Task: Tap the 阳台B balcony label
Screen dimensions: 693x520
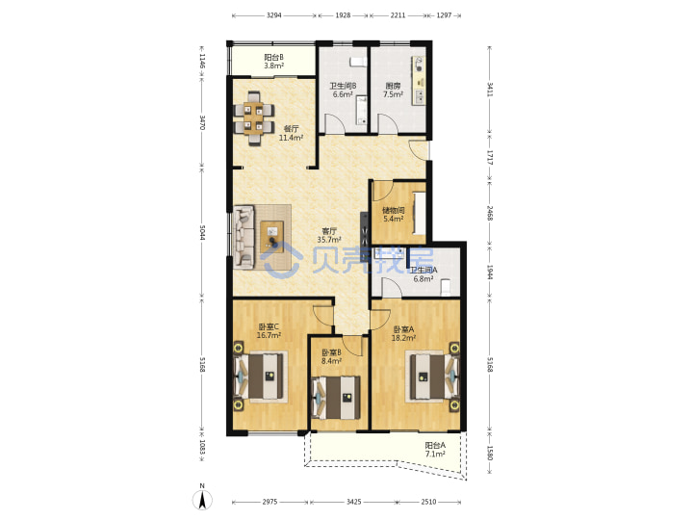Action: click(x=274, y=57)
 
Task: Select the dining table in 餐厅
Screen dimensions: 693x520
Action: click(x=254, y=118)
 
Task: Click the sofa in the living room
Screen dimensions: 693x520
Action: click(x=244, y=237)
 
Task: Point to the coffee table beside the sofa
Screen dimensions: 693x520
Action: click(x=271, y=237)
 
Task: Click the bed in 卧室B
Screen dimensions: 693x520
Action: click(x=337, y=397)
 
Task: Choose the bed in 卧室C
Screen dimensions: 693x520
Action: click(x=261, y=377)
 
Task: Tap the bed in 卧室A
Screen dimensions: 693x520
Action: click(x=433, y=377)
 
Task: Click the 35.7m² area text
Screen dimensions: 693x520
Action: click(x=329, y=240)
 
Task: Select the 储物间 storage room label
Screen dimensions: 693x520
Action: click(x=394, y=211)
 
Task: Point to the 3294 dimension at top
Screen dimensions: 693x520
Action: click(x=274, y=15)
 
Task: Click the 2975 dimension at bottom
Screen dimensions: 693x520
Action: click(x=270, y=502)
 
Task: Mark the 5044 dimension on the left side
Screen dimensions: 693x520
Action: click(x=202, y=233)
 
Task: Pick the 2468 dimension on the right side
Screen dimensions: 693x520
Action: click(x=490, y=213)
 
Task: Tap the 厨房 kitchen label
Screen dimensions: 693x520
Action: click(x=393, y=86)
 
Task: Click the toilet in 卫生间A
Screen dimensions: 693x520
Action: click(x=446, y=287)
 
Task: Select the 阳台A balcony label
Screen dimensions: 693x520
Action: click(x=435, y=446)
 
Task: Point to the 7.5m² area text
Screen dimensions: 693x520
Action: click(x=393, y=94)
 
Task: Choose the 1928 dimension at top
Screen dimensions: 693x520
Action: click(x=343, y=15)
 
